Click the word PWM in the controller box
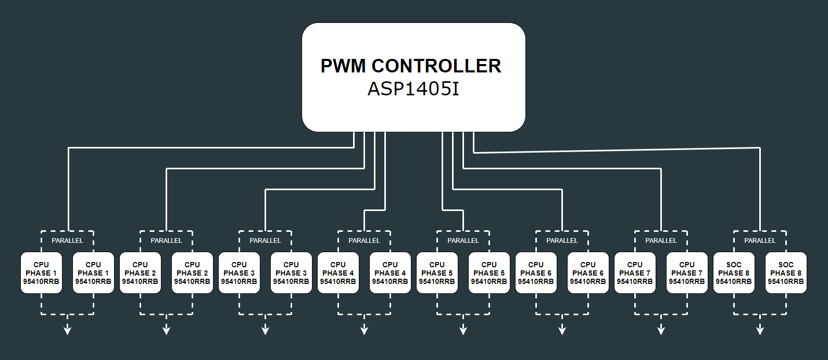pyautogui.click(x=343, y=66)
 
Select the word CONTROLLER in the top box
pyautogui.click(x=436, y=66)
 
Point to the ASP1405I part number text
pyautogui.click(x=413, y=89)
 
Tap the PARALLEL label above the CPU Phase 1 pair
pyautogui.click(x=67, y=241)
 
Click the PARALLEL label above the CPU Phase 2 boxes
pyautogui.click(x=166, y=241)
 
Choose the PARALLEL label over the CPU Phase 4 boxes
pyautogui.click(x=364, y=241)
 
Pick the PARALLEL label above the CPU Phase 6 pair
pyautogui.click(x=562, y=241)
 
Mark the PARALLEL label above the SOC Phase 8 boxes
pyautogui.click(x=760, y=241)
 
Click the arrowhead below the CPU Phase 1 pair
pyautogui.click(x=67, y=330)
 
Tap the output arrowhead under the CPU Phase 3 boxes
pyautogui.click(x=265, y=330)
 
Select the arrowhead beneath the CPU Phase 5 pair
pyautogui.click(x=463, y=330)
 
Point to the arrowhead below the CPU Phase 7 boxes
pyautogui.click(x=661, y=330)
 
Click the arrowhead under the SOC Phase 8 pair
pyautogui.click(x=760, y=330)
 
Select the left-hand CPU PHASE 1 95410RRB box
pyautogui.click(x=41, y=273)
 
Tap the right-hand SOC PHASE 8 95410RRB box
pyautogui.click(x=786, y=273)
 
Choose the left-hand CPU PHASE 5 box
pyautogui.click(x=437, y=273)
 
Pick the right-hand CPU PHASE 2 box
pyautogui.click(x=192, y=273)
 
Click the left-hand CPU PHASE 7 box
pyautogui.click(x=635, y=273)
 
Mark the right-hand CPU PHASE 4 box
pyautogui.click(x=390, y=273)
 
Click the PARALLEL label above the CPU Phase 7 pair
pyautogui.click(x=661, y=241)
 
